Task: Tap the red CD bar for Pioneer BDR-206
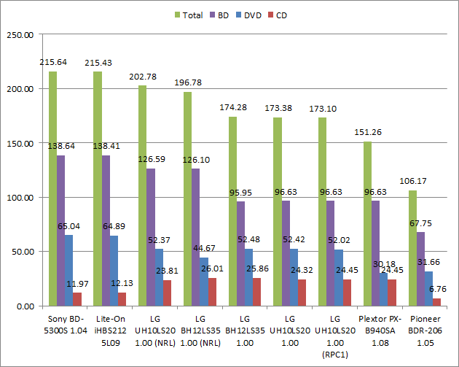coord(437,301)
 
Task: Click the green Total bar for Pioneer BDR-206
coord(412,248)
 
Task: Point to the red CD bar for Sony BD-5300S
coord(78,299)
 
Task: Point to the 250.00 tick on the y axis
coord(20,34)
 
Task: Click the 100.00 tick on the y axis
coord(20,197)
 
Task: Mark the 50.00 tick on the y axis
coord(22,252)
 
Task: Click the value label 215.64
coord(53,63)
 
